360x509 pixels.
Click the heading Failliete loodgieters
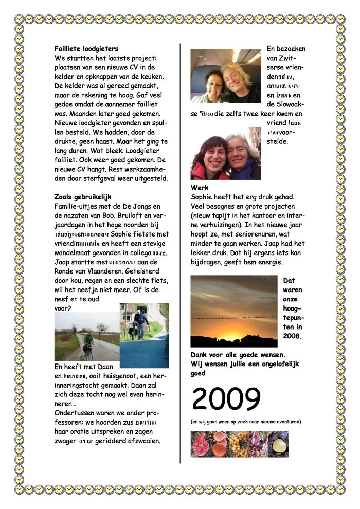click(x=86, y=49)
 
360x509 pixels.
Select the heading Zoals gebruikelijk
click(x=82, y=197)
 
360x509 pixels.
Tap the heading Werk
click(x=200, y=188)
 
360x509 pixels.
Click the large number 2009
click(x=226, y=399)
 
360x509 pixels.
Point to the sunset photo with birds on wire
click(x=233, y=311)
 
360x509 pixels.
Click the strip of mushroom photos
click(x=239, y=444)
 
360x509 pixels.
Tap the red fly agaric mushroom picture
click(x=201, y=444)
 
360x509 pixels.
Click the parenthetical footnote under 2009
click(x=245, y=422)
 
